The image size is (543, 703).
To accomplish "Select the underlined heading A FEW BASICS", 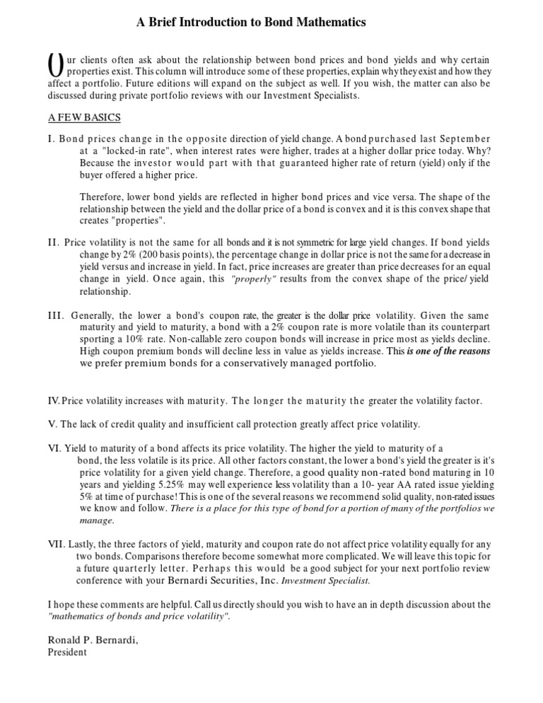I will [85, 117].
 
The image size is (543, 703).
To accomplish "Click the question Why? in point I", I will [478, 151].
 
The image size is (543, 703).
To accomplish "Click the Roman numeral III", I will [57, 314].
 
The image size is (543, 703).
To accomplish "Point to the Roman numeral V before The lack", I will [51, 424].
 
